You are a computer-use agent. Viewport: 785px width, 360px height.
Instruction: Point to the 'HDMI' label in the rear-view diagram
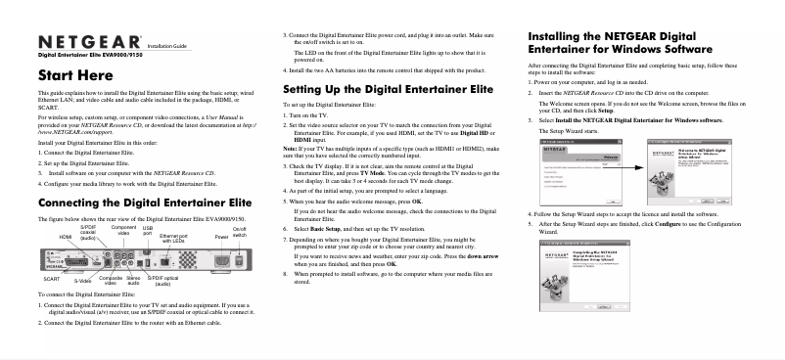[66, 237]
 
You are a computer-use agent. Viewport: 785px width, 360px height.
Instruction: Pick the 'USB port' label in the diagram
[148, 234]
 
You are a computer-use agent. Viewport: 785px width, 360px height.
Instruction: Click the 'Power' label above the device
[221, 237]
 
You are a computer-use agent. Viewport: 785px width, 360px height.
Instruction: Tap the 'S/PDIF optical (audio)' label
[162, 281]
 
